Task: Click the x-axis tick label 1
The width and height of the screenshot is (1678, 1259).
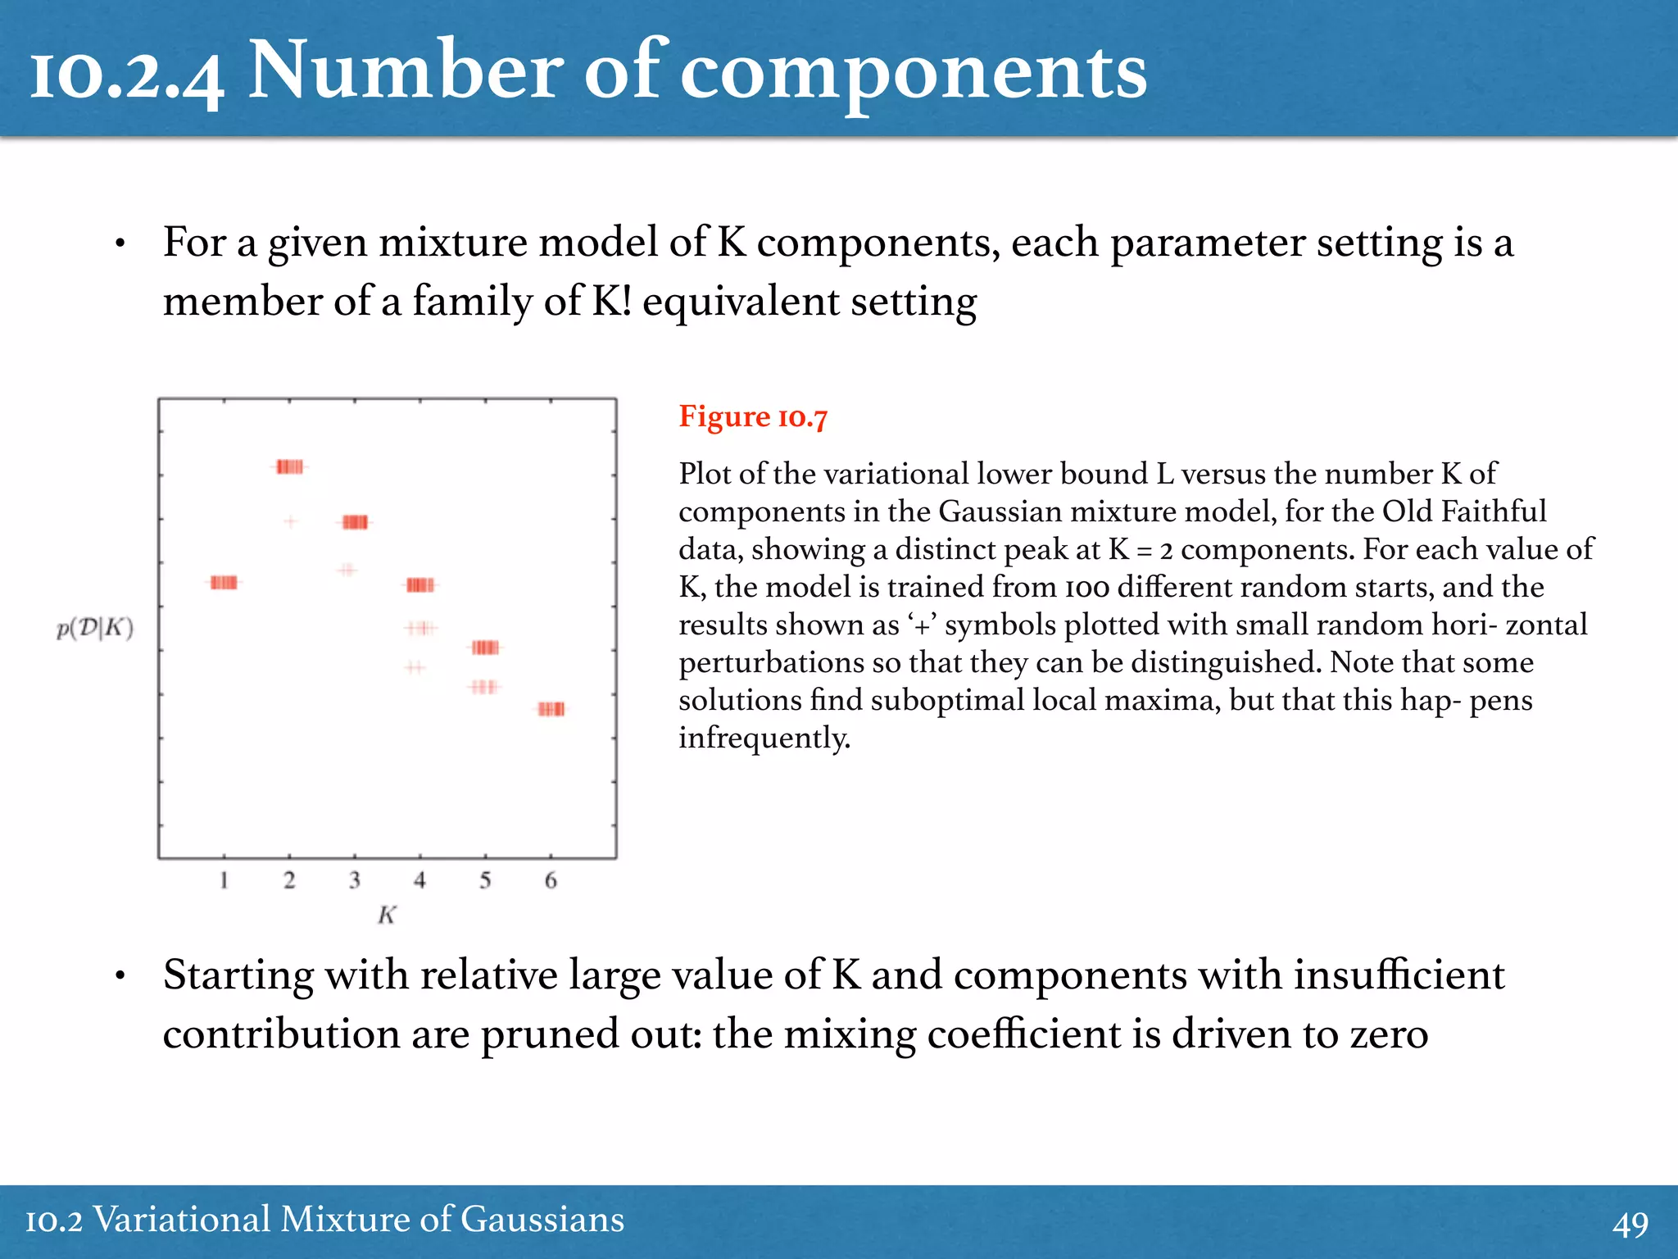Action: pos(224,880)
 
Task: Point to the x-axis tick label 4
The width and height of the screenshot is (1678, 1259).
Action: pos(419,880)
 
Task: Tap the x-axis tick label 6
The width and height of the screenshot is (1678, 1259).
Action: pos(551,880)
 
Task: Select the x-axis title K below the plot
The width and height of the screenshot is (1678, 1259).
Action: pos(387,915)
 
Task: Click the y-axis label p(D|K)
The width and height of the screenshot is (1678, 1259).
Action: pos(95,629)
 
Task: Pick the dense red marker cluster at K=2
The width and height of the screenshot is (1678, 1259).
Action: pos(289,467)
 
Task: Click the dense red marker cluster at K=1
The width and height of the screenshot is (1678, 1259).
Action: pos(224,583)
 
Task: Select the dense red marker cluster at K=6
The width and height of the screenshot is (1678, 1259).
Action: pos(551,709)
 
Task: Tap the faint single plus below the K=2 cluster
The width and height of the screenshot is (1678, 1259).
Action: pos(291,521)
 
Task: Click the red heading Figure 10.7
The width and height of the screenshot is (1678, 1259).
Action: pos(753,417)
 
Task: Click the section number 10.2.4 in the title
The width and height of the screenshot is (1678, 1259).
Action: pos(127,74)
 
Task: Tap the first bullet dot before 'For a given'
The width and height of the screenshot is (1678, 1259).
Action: pos(120,244)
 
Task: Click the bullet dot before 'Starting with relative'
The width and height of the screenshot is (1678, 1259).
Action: pos(120,976)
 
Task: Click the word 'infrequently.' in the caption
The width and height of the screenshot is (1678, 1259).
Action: pos(764,738)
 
